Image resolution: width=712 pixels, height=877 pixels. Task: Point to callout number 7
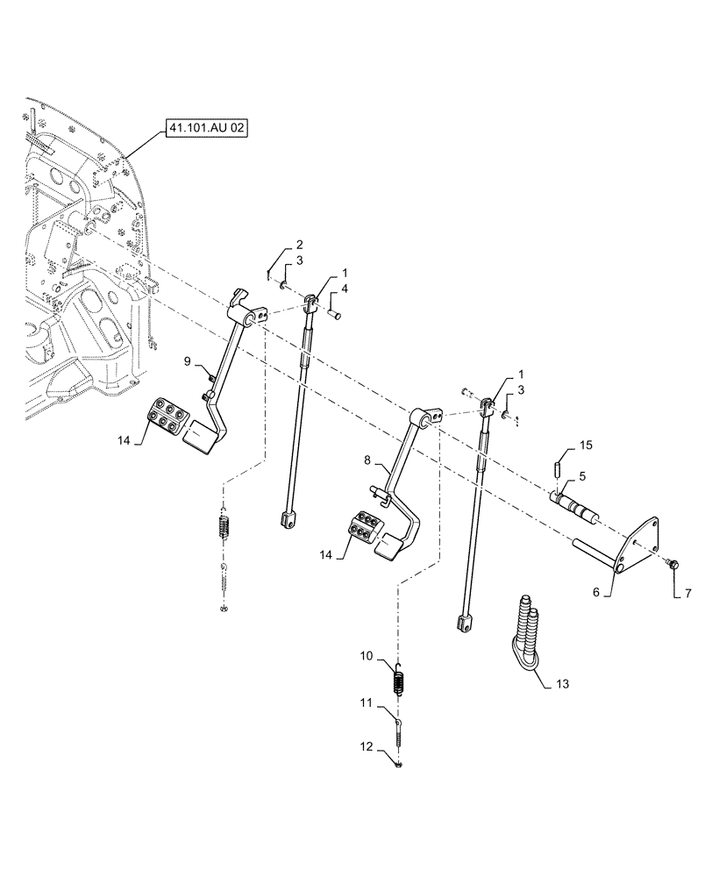point(687,594)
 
